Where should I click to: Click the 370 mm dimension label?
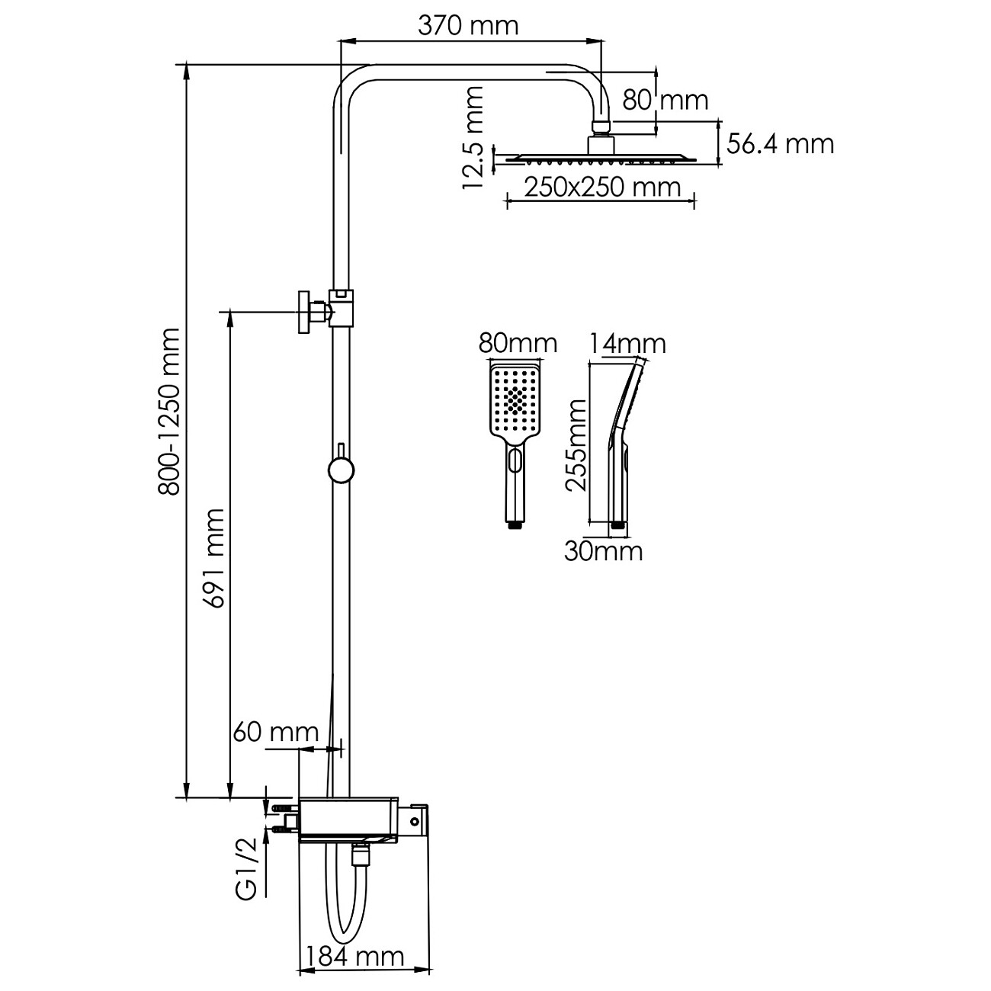point(468,26)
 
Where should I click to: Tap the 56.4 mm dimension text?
point(780,144)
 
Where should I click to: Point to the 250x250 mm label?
point(602,188)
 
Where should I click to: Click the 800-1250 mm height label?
point(168,412)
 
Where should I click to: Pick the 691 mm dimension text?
point(213,559)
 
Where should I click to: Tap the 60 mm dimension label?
point(276,732)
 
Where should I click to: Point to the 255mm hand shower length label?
point(576,445)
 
